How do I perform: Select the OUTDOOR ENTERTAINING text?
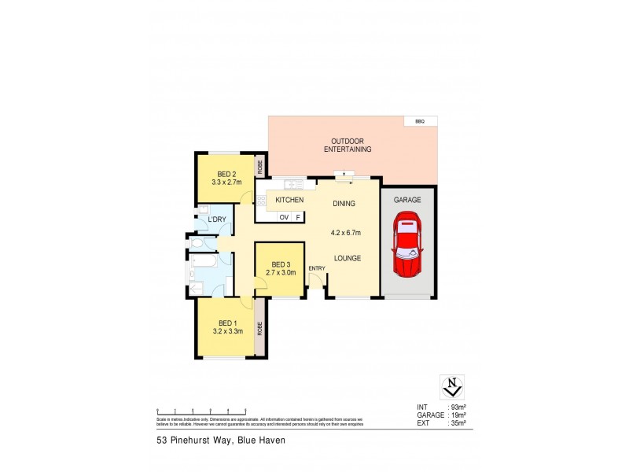347,146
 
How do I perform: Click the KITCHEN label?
289,201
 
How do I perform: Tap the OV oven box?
284,216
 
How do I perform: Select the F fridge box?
298,216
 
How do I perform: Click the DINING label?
344,204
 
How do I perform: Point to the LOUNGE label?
347,257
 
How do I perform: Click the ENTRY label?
317,269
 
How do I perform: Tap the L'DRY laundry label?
218,219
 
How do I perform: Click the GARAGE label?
407,201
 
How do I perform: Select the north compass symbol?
451,387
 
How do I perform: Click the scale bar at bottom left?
202,412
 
